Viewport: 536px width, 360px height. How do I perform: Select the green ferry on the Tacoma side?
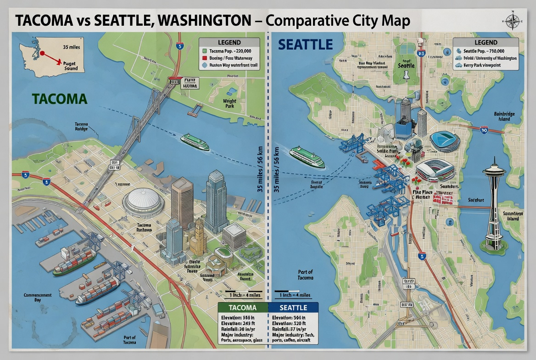pos(195,142)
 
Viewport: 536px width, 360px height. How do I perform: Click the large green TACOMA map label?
pos(60,99)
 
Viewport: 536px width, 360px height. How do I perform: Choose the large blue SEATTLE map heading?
pos(305,45)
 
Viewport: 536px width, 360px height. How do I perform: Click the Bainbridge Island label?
pos(504,116)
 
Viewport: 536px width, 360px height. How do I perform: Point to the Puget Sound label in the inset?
pos(71,66)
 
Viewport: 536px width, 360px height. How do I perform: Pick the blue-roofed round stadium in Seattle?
pos(444,141)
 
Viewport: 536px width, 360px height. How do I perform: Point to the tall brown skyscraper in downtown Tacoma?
pos(182,202)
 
